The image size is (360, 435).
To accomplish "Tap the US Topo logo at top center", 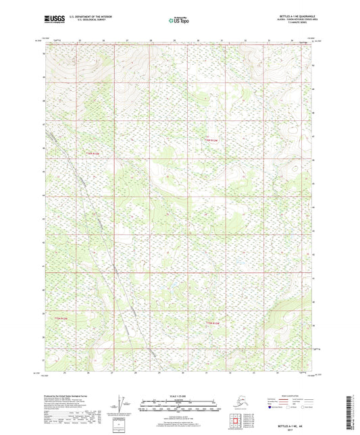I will [180, 21].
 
